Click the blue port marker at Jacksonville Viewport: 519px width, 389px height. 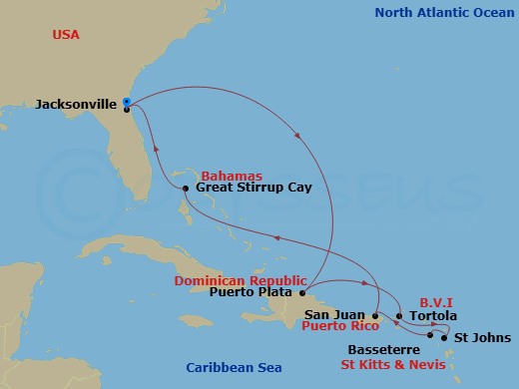tap(127, 101)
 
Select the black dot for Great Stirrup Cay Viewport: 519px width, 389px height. tap(187, 189)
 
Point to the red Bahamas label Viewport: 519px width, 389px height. tap(232, 175)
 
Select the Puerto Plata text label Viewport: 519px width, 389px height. tap(252, 293)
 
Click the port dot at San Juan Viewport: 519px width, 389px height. tap(375, 315)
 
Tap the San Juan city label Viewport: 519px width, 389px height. tap(337, 315)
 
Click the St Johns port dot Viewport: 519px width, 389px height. tap(444, 338)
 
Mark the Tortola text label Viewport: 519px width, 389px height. tap(433, 317)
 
